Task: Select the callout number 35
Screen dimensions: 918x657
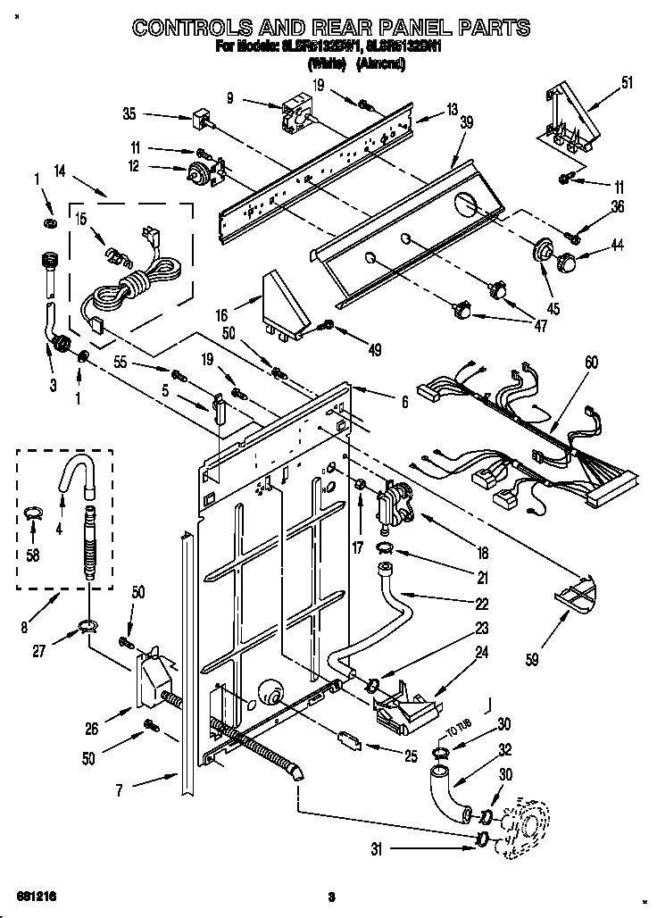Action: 129,113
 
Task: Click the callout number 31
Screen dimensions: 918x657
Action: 378,847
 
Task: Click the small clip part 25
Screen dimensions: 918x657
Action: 348,739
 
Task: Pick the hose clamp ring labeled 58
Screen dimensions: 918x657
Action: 33,513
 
